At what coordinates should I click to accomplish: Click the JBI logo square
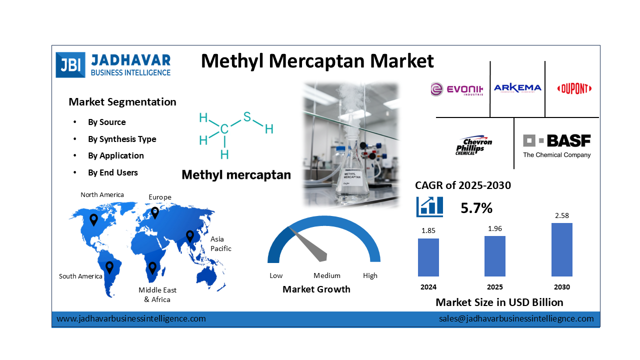pos(70,65)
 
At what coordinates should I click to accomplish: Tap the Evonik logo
pos(456,89)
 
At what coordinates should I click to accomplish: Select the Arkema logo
pos(517,88)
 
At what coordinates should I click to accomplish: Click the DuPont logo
pos(574,89)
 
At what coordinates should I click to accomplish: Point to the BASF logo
pos(556,145)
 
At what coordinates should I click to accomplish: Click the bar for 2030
pos(561,249)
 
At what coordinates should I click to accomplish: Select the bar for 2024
pos(428,257)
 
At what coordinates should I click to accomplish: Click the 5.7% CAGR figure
pos(476,208)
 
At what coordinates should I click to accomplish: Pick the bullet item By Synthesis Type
pos(122,139)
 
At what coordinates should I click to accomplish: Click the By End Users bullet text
pos(113,172)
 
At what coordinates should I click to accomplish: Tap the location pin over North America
pos(93,219)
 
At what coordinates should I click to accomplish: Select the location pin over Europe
pos(155,212)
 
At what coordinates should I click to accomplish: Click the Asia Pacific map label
pos(220,243)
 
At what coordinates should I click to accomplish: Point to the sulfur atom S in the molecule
pos(247,116)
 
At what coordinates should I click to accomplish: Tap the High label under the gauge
pos(370,275)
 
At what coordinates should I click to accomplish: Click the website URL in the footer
pos(131,318)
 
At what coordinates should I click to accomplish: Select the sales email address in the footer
pos(516,318)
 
